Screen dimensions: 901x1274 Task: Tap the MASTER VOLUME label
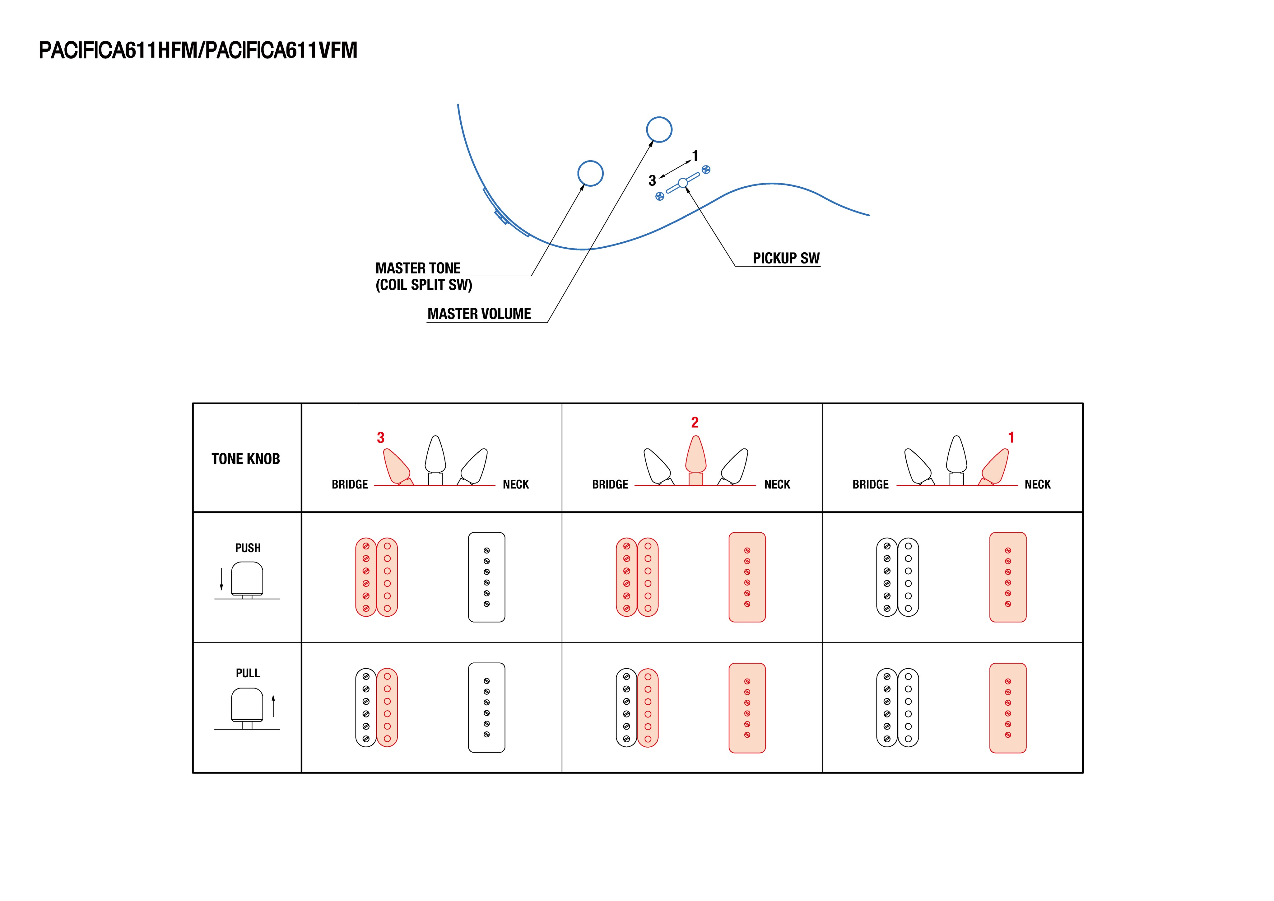coord(479,314)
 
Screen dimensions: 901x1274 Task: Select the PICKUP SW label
coord(786,258)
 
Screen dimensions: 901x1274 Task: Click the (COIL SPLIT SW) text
coord(424,285)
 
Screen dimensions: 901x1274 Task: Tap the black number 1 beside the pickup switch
coord(695,156)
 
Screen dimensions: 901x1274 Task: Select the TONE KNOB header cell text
coord(246,459)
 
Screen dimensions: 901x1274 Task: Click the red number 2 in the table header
coord(695,422)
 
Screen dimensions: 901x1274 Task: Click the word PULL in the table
coord(248,673)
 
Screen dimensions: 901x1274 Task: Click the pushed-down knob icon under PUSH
coord(247,580)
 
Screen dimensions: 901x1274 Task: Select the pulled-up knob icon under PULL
coord(247,706)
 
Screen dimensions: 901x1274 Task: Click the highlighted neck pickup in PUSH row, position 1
coord(1008,577)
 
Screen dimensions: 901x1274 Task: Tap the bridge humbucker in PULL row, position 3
coord(377,708)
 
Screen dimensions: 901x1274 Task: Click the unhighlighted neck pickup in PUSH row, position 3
coord(487,577)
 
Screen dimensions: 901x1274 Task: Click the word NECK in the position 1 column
coord(1038,485)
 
